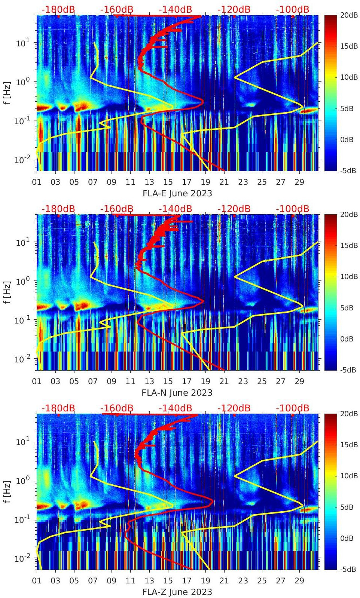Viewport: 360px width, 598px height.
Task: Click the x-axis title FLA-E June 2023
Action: point(177,193)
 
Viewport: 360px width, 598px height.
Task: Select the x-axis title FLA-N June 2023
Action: point(177,393)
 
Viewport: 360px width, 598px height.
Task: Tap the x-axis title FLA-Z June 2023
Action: point(177,592)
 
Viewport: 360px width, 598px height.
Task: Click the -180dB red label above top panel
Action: point(58,9)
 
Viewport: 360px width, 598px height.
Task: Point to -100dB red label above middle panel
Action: point(292,209)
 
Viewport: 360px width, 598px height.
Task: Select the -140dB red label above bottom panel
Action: point(175,408)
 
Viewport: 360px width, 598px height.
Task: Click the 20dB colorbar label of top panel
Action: point(349,15)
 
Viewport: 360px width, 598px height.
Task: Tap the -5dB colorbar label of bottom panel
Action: point(348,569)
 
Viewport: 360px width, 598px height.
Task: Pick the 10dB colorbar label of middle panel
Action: point(349,276)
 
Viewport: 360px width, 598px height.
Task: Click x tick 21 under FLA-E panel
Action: point(224,182)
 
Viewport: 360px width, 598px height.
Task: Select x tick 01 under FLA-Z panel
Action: point(37,581)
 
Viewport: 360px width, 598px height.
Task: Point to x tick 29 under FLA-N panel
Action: point(299,381)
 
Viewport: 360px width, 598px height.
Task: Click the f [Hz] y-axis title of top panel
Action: point(7,93)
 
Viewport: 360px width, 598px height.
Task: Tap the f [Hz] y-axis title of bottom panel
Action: point(7,491)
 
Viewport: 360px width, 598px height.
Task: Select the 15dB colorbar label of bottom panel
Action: point(349,445)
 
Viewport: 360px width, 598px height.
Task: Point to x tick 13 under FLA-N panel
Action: point(149,381)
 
